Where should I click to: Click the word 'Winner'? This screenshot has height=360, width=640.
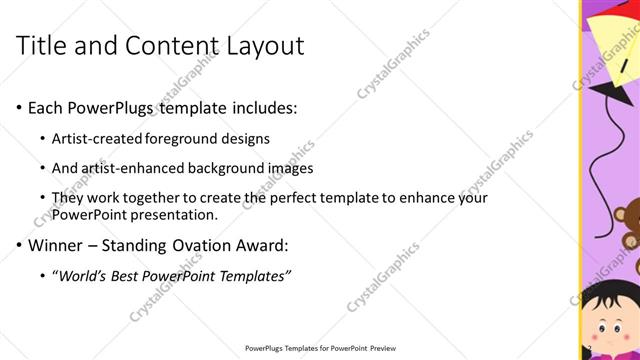(x=58, y=244)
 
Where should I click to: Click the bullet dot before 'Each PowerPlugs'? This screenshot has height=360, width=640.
(x=20, y=107)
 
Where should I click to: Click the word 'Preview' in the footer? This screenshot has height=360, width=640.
(x=380, y=348)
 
